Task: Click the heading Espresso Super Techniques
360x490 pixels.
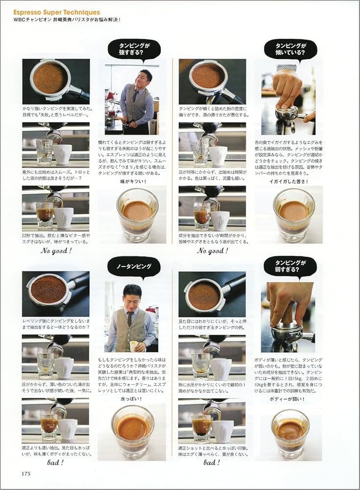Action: coord(57,12)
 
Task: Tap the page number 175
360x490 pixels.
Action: coord(26,473)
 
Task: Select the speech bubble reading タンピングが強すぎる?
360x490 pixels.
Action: coord(134,49)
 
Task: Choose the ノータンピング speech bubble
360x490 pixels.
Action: coord(134,267)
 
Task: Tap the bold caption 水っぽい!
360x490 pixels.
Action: coord(132,399)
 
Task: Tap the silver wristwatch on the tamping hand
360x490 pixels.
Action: coord(286,68)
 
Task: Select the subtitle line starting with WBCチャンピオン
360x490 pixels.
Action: coord(67,20)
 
